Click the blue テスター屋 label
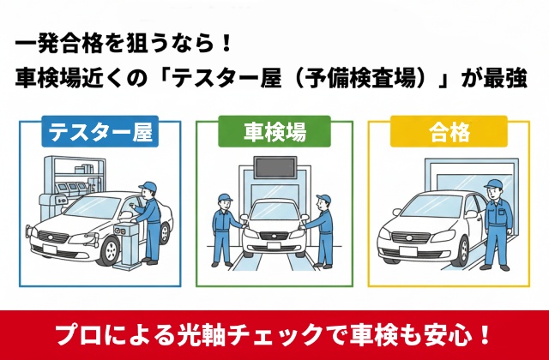pos(100,131)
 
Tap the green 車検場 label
pos(274,131)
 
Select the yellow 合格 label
pos(449,131)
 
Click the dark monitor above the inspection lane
pos(275,167)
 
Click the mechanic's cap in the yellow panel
pos(494,184)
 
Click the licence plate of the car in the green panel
pos(273,246)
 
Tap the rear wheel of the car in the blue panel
pos(165,233)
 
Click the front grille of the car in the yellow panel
pos(410,237)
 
